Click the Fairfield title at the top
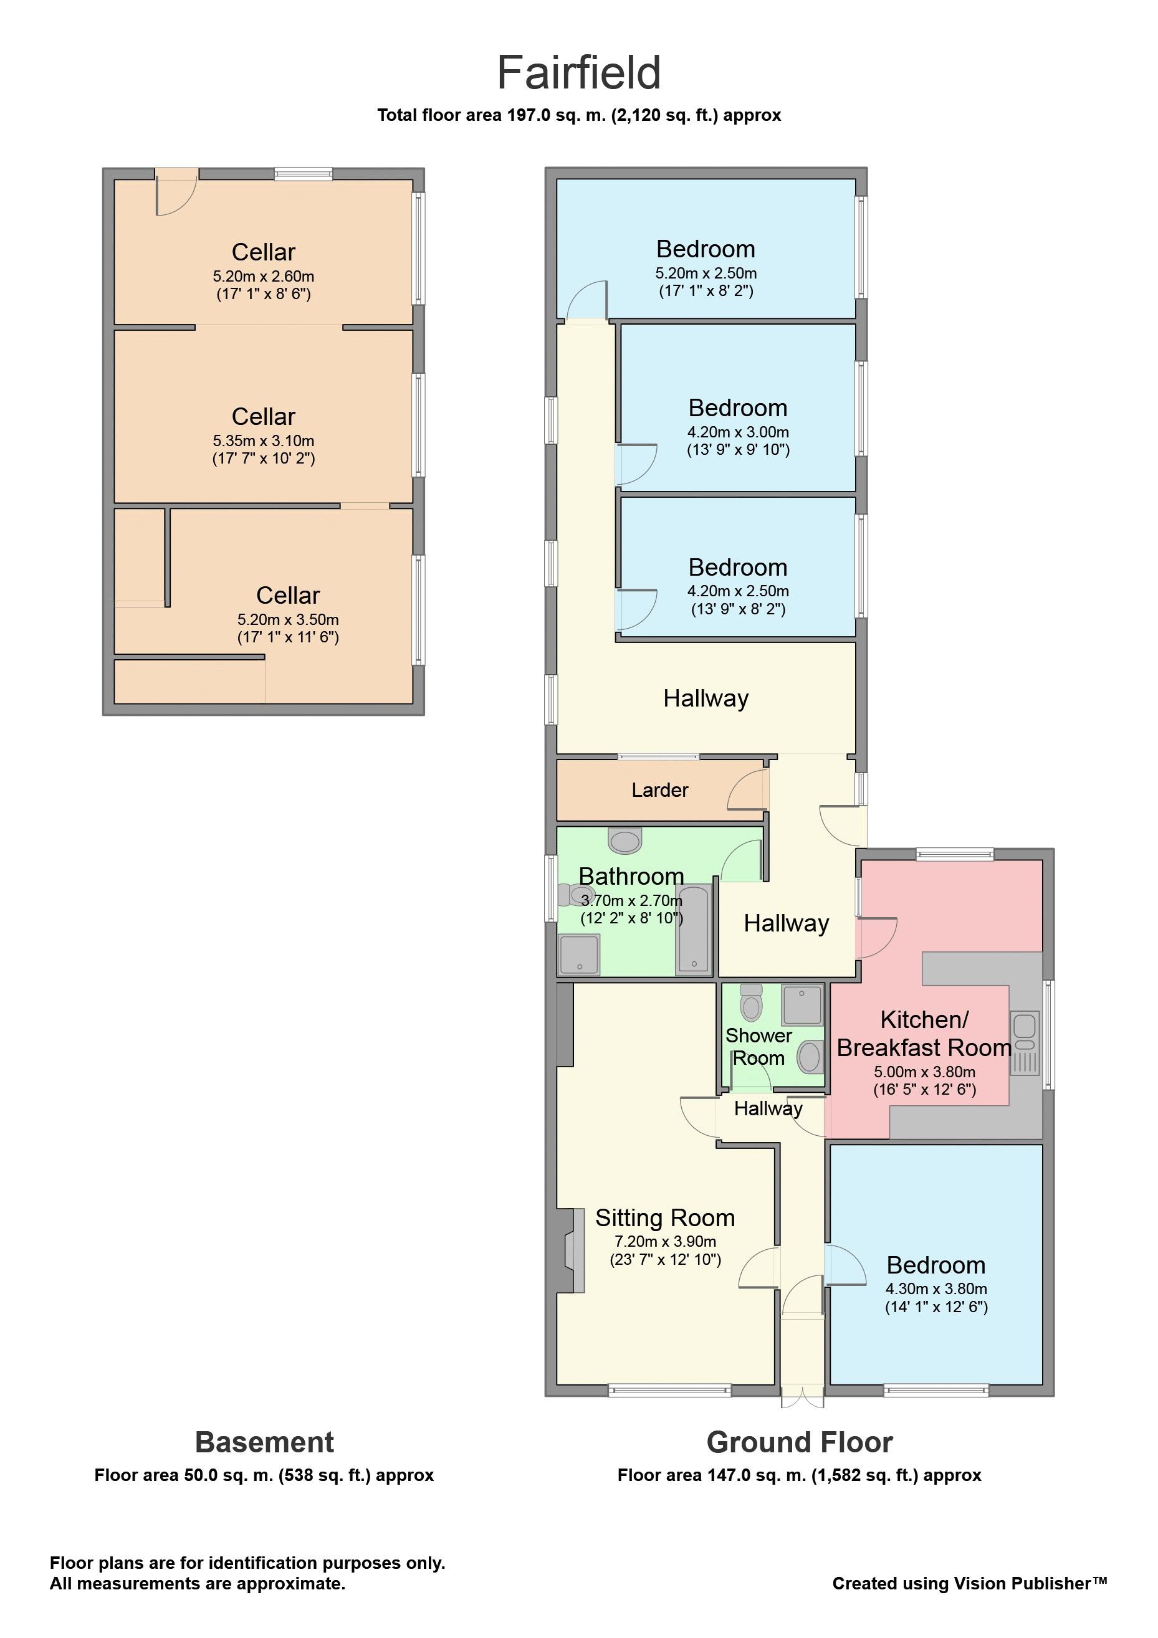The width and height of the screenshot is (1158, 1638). (578, 72)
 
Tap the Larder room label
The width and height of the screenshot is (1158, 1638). (659, 790)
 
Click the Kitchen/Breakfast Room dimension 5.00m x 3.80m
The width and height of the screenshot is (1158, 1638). (924, 1072)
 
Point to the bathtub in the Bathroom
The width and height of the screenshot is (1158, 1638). (694, 929)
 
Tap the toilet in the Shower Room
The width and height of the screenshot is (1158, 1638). (750, 1002)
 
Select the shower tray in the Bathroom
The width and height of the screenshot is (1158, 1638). (580, 955)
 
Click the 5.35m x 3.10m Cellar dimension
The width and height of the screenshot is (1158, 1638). (263, 441)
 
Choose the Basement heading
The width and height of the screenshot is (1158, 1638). (264, 1442)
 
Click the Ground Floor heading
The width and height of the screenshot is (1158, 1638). (799, 1442)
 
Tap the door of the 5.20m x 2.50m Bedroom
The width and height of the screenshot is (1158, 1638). (587, 300)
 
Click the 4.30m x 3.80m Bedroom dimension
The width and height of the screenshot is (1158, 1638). (936, 1288)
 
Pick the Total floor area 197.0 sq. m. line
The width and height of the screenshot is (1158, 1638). (578, 115)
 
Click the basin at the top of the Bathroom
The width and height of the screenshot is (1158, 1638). (625, 840)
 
